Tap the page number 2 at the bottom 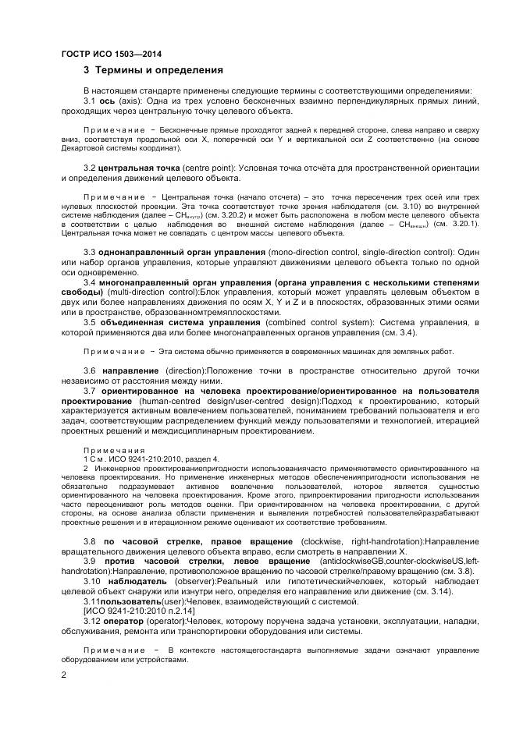click(x=63, y=675)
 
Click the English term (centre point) click(x=208, y=168)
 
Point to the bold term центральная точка click(x=139, y=168)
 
